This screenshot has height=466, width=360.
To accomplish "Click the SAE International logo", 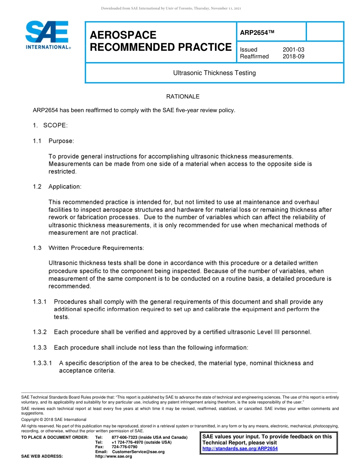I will [47, 35].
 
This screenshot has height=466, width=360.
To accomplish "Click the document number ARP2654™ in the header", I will [257, 33].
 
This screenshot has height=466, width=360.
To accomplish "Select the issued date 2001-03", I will [293, 50].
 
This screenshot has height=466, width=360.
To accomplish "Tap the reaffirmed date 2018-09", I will [293, 56].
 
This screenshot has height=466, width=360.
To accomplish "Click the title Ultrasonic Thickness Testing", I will [214, 73].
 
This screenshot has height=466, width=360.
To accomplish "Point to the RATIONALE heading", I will [183, 97].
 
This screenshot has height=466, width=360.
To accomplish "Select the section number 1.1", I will [37, 141].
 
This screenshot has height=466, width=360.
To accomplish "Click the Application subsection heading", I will [65, 187].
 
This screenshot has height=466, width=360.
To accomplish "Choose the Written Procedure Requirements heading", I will [96, 248].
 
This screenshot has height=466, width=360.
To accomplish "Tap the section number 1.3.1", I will [40, 302].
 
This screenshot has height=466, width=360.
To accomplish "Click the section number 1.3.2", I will [40, 332].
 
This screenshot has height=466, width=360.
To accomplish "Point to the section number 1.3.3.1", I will [42, 363].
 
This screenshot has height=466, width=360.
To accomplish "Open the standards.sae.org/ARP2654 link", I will [240, 449].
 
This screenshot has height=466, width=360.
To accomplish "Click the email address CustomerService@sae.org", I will [138, 452].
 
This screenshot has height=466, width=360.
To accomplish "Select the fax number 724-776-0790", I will [125, 447].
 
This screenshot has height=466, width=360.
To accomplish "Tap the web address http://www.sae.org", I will [114, 457].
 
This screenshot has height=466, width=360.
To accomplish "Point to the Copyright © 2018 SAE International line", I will [54, 419].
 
